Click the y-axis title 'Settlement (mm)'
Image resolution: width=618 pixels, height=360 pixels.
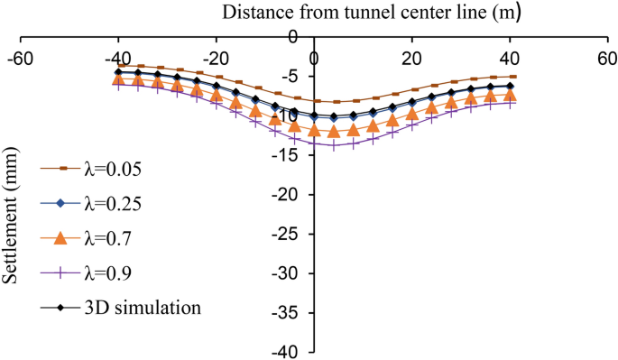13,231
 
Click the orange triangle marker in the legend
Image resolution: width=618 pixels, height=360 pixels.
60,238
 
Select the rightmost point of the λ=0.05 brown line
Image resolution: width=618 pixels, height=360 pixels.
512,77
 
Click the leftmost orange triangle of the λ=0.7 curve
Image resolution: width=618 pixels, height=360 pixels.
117,79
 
